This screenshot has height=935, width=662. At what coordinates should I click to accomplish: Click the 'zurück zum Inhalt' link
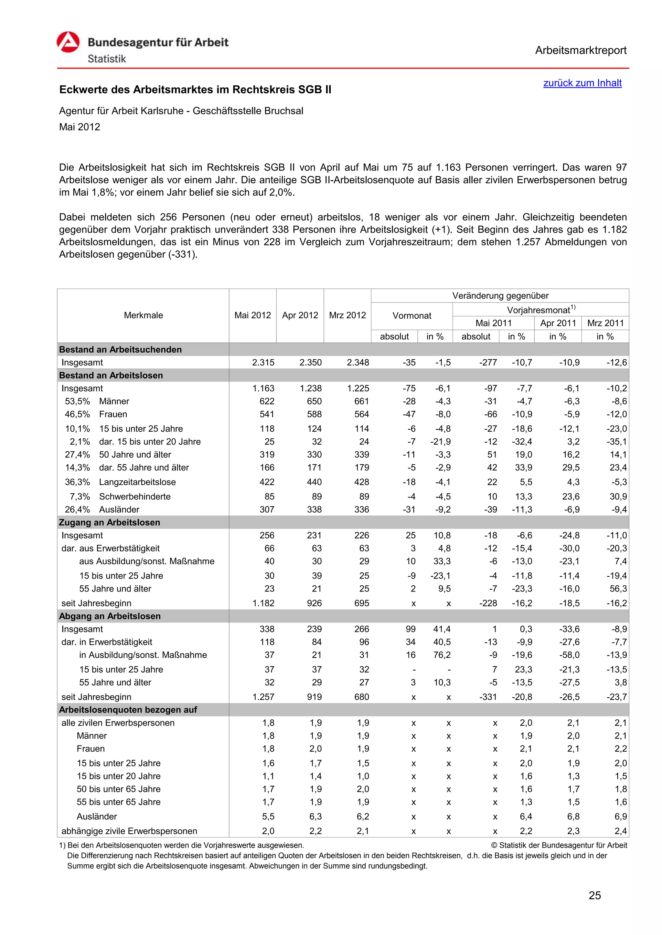(582, 83)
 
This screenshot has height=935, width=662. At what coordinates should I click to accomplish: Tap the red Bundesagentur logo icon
(68, 42)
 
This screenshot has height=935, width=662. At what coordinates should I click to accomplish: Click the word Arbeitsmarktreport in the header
(581, 50)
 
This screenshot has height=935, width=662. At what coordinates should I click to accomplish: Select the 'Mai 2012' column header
(252, 315)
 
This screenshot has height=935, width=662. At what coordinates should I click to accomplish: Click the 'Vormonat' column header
(412, 316)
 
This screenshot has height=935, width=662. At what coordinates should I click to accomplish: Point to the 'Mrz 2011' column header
(605, 323)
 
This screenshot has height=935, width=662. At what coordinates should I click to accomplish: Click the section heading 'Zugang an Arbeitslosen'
(110, 522)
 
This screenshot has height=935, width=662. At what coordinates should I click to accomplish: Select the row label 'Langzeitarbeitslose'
(137, 482)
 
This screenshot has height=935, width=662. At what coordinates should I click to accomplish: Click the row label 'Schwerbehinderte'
(134, 497)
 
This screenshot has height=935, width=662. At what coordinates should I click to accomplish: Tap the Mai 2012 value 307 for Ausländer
(267, 509)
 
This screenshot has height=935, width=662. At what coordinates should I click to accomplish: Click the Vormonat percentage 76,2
(442, 655)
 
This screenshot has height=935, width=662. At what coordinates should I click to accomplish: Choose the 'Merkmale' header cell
(143, 315)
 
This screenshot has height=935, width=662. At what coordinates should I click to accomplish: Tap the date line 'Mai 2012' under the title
(80, 127)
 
